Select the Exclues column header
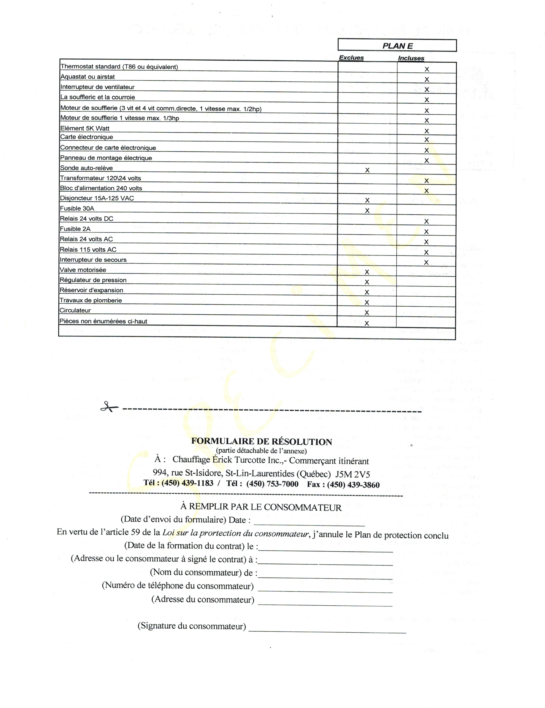[351, 58]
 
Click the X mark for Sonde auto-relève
[367, 170]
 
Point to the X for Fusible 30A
[367, 210]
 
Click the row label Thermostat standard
[119, 67]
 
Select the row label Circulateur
[75, 310]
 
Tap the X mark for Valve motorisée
[367, 272]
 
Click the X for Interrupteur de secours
[426, 262]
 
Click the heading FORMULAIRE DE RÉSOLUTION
[261, 442]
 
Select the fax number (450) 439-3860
[353, 485]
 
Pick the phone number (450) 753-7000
[272, 484]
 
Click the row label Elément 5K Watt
[85, 128]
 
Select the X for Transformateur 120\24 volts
[427, 181]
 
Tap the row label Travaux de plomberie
[91, 300]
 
